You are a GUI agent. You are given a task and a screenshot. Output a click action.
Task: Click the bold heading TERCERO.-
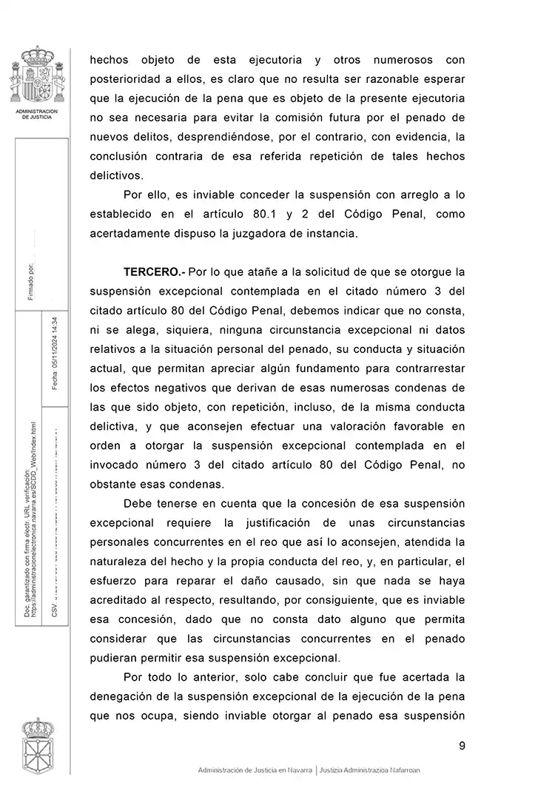[154, 272]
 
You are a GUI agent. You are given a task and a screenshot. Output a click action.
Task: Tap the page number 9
[462, 746]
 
